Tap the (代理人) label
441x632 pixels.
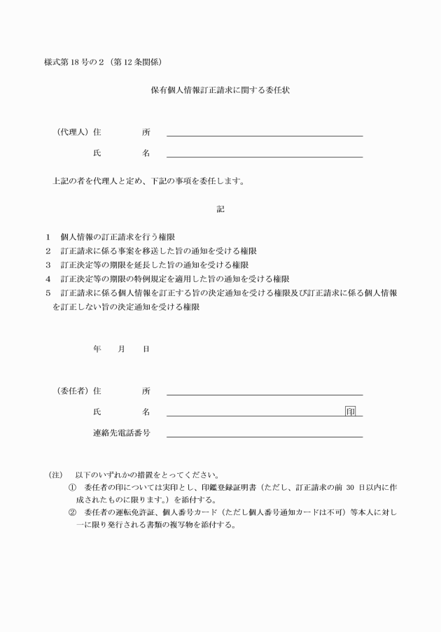coord(72,132)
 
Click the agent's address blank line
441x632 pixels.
coord(265,134)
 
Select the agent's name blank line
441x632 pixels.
coord(265,156)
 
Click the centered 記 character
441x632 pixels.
coord(220,209)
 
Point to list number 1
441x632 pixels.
coord(48,237)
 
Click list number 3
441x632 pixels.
coord(48,265)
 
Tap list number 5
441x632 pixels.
coord(48,293)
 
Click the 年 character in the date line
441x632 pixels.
coord(97,349)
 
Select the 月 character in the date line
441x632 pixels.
coord(121,349)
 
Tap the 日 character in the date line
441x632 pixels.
coord(146,349)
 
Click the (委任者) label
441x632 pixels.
coord(72,391)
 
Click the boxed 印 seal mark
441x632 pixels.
coord(350,411)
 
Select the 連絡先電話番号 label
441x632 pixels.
coord(121,433)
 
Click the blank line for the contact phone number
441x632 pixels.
coord(265,436)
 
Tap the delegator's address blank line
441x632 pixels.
coord(265,394)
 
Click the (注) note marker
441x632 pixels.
coord(55,475)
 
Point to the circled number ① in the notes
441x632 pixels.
coord(72,486)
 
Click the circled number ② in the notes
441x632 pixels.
coord(72,512)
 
